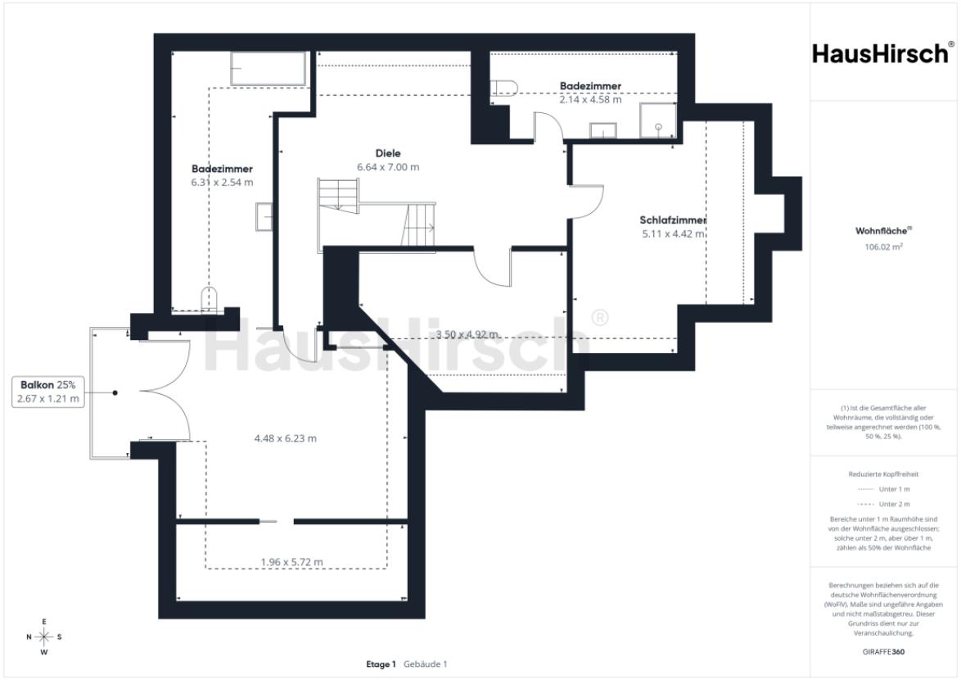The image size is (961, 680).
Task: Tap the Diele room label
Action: [388, 153]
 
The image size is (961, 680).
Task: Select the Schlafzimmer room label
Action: [672, 220]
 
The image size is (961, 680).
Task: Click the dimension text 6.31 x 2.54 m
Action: [222, 182]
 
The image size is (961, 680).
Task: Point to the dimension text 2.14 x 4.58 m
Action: [590, 99]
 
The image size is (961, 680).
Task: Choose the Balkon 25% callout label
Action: [47, 385]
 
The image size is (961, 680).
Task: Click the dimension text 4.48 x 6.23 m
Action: [286, 438]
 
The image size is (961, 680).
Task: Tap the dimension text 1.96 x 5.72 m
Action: [291, 562]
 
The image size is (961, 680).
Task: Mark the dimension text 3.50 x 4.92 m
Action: [467, 334]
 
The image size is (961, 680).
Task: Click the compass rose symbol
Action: [44, 637]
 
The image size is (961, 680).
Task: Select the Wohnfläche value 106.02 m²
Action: [883, 247]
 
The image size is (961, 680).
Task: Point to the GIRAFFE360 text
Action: [883, 652]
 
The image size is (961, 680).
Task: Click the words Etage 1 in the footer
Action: [381, 664]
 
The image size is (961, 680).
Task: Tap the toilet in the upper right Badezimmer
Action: [504, 88]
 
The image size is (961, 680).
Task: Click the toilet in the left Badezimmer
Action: [209, 299]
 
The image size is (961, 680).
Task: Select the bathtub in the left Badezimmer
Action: [268, 69]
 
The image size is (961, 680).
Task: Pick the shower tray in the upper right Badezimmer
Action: [657, 120]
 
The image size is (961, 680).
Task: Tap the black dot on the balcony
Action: [115, 393]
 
